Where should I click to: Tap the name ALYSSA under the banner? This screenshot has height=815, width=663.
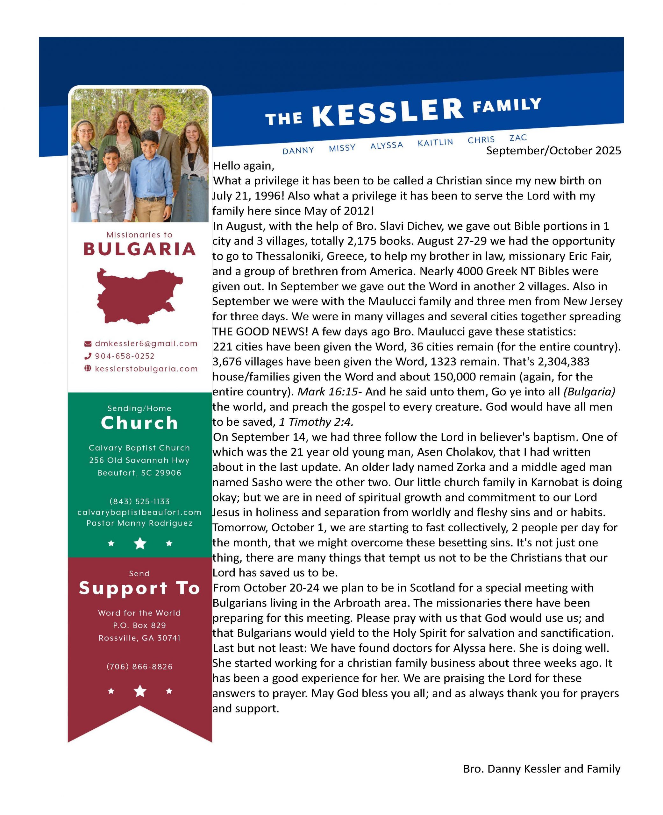(387, 145)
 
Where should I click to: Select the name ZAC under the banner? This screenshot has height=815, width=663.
(518, 138)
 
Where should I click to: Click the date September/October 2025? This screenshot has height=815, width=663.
(553, 151)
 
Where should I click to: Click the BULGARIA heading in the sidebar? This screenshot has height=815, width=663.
(139, 249)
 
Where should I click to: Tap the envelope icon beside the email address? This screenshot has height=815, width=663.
(88, 344)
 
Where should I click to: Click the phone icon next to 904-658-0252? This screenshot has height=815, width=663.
(88, 356)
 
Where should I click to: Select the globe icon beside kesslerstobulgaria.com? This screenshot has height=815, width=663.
(88, 369)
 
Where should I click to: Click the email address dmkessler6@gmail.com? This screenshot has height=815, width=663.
(146, 344)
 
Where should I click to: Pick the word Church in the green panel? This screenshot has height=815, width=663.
(139, 423)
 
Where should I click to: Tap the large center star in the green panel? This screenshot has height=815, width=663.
(140, 543)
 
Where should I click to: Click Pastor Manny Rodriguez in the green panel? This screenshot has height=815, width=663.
(139, 523)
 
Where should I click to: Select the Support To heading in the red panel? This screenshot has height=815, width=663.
(139, 588)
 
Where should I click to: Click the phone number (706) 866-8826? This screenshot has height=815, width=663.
(139, 667)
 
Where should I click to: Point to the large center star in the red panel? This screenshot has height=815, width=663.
(140, 691)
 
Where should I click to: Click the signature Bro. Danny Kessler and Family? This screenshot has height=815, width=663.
(542, 769)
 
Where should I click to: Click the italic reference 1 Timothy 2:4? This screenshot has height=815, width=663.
(316, 422)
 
